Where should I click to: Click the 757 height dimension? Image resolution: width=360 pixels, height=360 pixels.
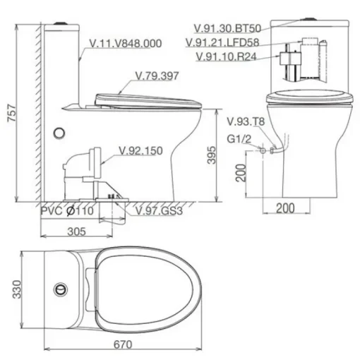pos(12,113)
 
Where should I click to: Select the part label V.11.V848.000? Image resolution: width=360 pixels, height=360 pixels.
pos(126,44)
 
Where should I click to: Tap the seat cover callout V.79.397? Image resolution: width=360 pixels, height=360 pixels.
pos(157,76)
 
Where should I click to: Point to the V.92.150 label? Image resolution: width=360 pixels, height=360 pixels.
pos(140,151)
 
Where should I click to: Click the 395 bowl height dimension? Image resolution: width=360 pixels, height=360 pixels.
pos(211,155)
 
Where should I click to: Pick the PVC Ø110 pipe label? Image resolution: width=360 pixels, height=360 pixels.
pos(67,210)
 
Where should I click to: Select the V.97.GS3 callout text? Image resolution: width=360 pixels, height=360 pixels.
pos(159,211)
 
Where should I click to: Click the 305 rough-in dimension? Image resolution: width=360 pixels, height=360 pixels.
pos(76,232)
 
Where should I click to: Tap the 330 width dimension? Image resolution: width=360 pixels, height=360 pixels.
pos(17,289)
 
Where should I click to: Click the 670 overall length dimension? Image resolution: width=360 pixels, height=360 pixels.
pos(123,344)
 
